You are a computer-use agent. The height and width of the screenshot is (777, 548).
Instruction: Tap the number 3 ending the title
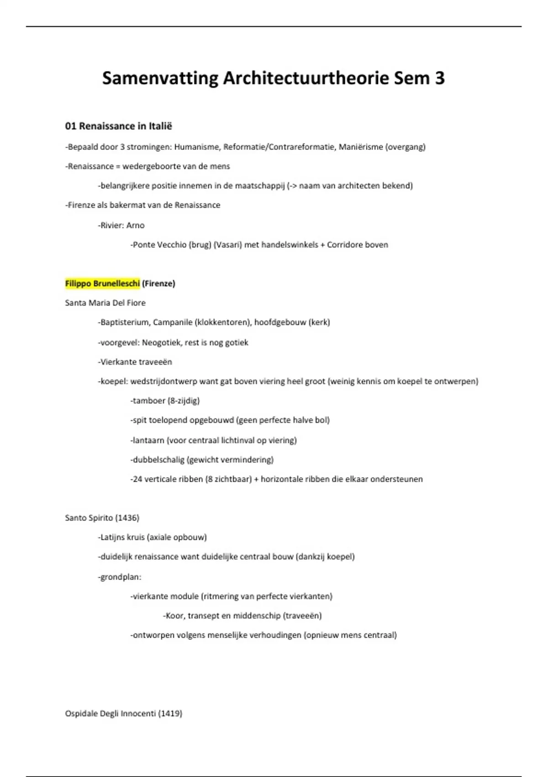coord(439,78)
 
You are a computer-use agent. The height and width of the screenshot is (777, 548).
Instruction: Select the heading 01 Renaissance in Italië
coord(119,126)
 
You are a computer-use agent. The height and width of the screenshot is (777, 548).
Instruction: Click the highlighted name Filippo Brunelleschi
coord(102,283)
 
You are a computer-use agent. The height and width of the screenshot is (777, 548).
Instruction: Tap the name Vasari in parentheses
coord(227,245)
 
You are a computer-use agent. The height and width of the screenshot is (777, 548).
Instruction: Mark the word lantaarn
coord(148,440)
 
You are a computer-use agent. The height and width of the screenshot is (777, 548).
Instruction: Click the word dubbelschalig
coord(158,460)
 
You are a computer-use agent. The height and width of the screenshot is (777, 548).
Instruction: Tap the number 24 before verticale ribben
coord(137,479)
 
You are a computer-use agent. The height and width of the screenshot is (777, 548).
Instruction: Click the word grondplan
coord(120,577)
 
